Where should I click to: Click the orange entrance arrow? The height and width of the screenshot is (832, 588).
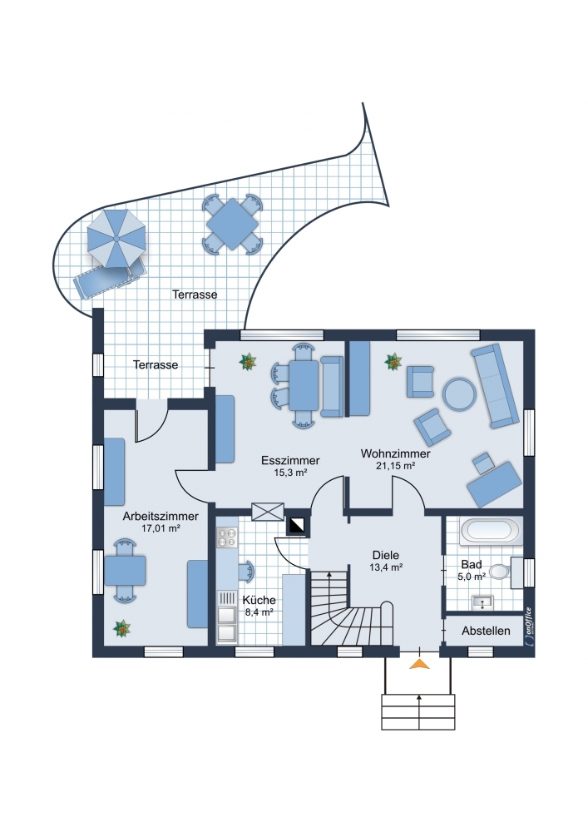[419, 663]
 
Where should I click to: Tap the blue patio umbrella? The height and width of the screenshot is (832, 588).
[116, 238]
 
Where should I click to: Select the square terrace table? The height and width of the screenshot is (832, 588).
[232, 223]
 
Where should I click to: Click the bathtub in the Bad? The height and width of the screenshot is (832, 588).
[490, 530]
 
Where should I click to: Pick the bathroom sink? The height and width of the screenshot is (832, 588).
[482, 602]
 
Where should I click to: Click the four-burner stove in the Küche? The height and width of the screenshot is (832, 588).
[227, 536]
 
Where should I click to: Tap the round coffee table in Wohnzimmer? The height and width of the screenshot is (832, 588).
[459, 394]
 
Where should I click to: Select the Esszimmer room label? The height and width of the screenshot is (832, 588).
[290, 460]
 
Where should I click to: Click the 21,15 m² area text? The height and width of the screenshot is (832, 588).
[395, 466]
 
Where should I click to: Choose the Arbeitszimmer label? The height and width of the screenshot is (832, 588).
[161, 516]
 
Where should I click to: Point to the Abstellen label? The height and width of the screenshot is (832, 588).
[486, 631]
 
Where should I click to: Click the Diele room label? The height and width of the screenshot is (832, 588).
[385, 555]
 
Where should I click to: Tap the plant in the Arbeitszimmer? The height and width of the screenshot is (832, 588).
[122, 628]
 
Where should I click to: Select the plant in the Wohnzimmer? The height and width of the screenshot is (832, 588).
[393, 362]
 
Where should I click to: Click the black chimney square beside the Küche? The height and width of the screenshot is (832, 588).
[296, 525]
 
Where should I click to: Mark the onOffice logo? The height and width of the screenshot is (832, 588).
[528, 626]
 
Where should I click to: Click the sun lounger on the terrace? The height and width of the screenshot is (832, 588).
[110, 277]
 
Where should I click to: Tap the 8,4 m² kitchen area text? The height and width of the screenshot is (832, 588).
[259, 612]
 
